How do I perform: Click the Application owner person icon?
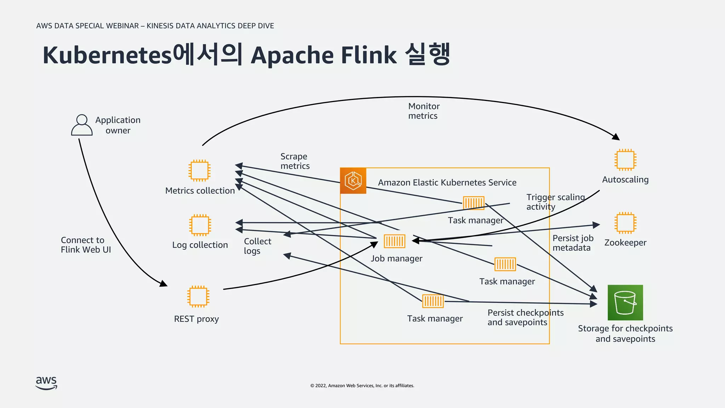point(82,125)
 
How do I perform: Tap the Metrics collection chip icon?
point(200,170)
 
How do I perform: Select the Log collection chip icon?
point(200,225)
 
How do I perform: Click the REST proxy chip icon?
point(198,296)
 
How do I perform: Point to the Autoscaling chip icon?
point(625,160)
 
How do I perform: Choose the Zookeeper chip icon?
point(625,223)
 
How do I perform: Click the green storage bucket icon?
point(625,302)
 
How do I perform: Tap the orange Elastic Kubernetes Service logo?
point(353,181)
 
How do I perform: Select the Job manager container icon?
point(394,241)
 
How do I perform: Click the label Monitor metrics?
point(423,111)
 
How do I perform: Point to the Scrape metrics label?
point(295,161)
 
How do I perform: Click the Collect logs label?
point(257,246)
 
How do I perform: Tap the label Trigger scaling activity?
point(555,202)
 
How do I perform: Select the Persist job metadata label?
point(572,243)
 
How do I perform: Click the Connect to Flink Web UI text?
point(86,245)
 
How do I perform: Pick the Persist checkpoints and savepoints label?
point(525,317)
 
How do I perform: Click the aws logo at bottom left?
point(46,382)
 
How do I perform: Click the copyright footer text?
point(362,386)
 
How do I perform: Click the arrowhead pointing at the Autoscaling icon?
point(616,137)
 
